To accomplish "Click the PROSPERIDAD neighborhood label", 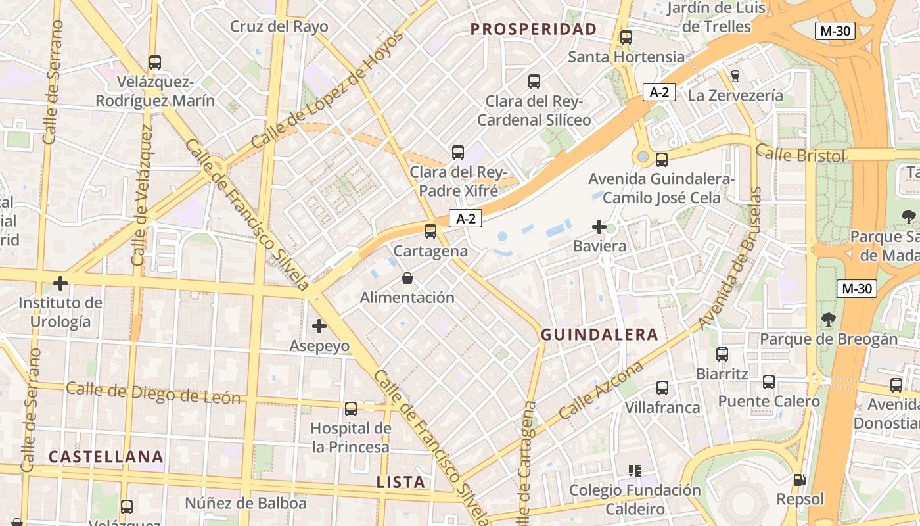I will click(534, 29).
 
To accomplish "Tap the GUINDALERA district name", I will click(599, 335).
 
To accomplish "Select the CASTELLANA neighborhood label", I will click(106, 456).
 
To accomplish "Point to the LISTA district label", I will click(401, 482).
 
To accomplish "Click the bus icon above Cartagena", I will click(430, 231).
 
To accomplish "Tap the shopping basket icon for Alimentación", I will click(407, 278).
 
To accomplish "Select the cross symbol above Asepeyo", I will click(319, 325).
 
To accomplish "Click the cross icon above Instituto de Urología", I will click(60, 284).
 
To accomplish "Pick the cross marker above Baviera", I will click(599, 227).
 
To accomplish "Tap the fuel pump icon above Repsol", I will click(800, 480).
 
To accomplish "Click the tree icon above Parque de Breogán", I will click(829, 320).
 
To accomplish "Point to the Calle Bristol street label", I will click(800, 154).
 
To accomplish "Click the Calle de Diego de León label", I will click(153, 393).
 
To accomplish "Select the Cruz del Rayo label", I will click(279, 27).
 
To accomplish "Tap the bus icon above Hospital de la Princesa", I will click(351, 409).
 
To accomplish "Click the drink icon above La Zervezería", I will click(735, 76).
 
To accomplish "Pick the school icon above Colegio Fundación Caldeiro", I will click(635, 471).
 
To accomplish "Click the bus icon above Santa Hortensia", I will click(626, 37).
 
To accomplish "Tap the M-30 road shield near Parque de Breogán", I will click(857, 288).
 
